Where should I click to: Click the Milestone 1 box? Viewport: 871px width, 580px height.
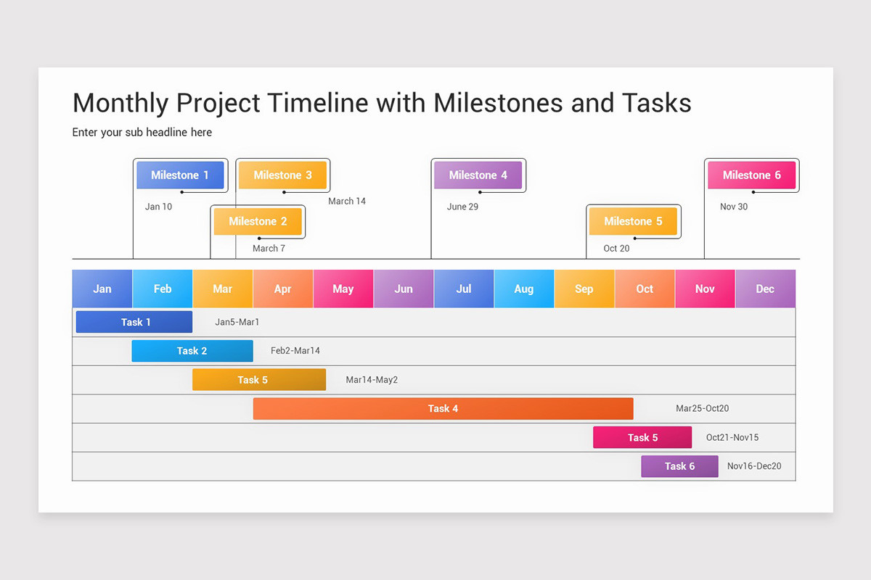(180, 175)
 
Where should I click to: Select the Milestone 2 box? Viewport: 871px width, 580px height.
(258, 221)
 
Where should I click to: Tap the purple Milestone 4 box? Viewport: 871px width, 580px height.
(478, 175)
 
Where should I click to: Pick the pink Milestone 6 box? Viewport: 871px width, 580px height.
(751, 175)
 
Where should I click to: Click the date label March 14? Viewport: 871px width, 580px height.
(347, 201)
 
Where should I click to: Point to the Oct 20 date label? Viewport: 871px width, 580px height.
(616, 248)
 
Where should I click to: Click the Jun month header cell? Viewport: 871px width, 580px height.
(404, 289)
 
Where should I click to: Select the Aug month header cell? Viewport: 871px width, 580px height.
(524, 289)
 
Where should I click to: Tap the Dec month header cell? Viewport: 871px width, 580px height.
(765, 289)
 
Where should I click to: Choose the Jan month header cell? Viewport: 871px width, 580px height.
(102, 289)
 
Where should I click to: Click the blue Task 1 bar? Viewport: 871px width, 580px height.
(134, 322)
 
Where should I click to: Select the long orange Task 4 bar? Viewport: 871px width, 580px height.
(443, 408)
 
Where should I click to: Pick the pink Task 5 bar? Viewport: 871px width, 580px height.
(642, 437)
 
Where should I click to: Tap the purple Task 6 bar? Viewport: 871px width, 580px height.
(679, 466)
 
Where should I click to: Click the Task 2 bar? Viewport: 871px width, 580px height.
(192, 351)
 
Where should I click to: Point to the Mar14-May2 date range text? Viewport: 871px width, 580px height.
(372, 380)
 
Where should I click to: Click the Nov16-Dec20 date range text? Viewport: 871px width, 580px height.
(754, 466)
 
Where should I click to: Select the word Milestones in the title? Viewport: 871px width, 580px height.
(498, 103)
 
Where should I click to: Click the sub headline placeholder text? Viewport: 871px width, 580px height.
(142, 132)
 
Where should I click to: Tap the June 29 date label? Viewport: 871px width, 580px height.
(462, 207)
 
